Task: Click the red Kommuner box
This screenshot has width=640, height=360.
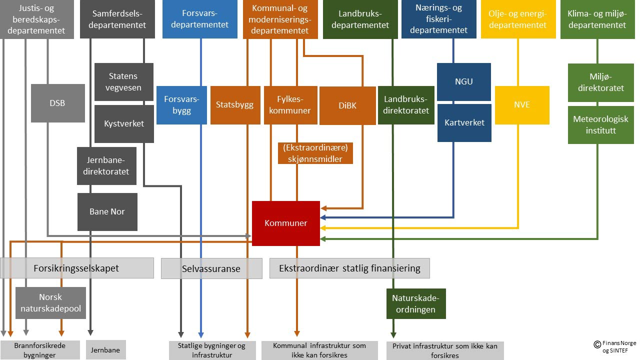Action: point(285,223)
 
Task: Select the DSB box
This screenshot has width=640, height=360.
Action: point(57,103)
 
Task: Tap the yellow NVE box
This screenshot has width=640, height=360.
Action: point(522,105)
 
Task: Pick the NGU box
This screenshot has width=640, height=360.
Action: point(464,81)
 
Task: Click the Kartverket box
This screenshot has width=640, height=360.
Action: point(464,122)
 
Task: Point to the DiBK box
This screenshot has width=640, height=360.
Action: point(347,105)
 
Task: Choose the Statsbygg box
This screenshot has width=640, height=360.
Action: point(235,105)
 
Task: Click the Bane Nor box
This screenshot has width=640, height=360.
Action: point(107,211)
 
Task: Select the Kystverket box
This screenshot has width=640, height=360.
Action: point(124,123)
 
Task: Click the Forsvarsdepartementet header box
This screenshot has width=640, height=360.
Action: point(199,19)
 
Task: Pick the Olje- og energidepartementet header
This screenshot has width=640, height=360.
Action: point(517,19)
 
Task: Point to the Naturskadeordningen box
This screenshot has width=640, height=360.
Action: point(416,303)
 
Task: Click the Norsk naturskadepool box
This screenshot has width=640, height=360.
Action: point(50,303)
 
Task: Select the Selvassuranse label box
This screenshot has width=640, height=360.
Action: point(211,268)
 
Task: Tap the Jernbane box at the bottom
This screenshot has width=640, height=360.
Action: point(106,350)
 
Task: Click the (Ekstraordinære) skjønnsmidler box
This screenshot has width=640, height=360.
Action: point(315,153)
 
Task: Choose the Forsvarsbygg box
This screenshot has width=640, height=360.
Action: point(181,105)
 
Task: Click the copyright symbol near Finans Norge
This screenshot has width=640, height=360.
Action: point(596,344)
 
